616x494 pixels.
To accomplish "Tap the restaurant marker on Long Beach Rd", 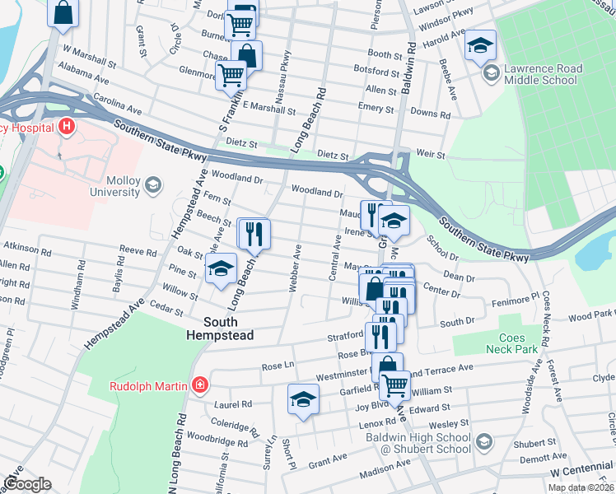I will [x=254, y=234].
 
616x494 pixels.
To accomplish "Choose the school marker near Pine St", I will [x=221, y=269].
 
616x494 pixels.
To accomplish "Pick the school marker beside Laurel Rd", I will [x=303, y=399].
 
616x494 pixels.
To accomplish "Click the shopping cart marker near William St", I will [x=395, y=384].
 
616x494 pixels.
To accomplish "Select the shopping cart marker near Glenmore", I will [x=231, y=75].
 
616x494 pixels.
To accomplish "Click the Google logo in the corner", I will [x=28, y=484].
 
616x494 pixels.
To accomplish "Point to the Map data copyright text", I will [x=580, y=487].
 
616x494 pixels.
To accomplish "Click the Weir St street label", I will [x=431, y=155].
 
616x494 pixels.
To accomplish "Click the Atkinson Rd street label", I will [x=22, y=246].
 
